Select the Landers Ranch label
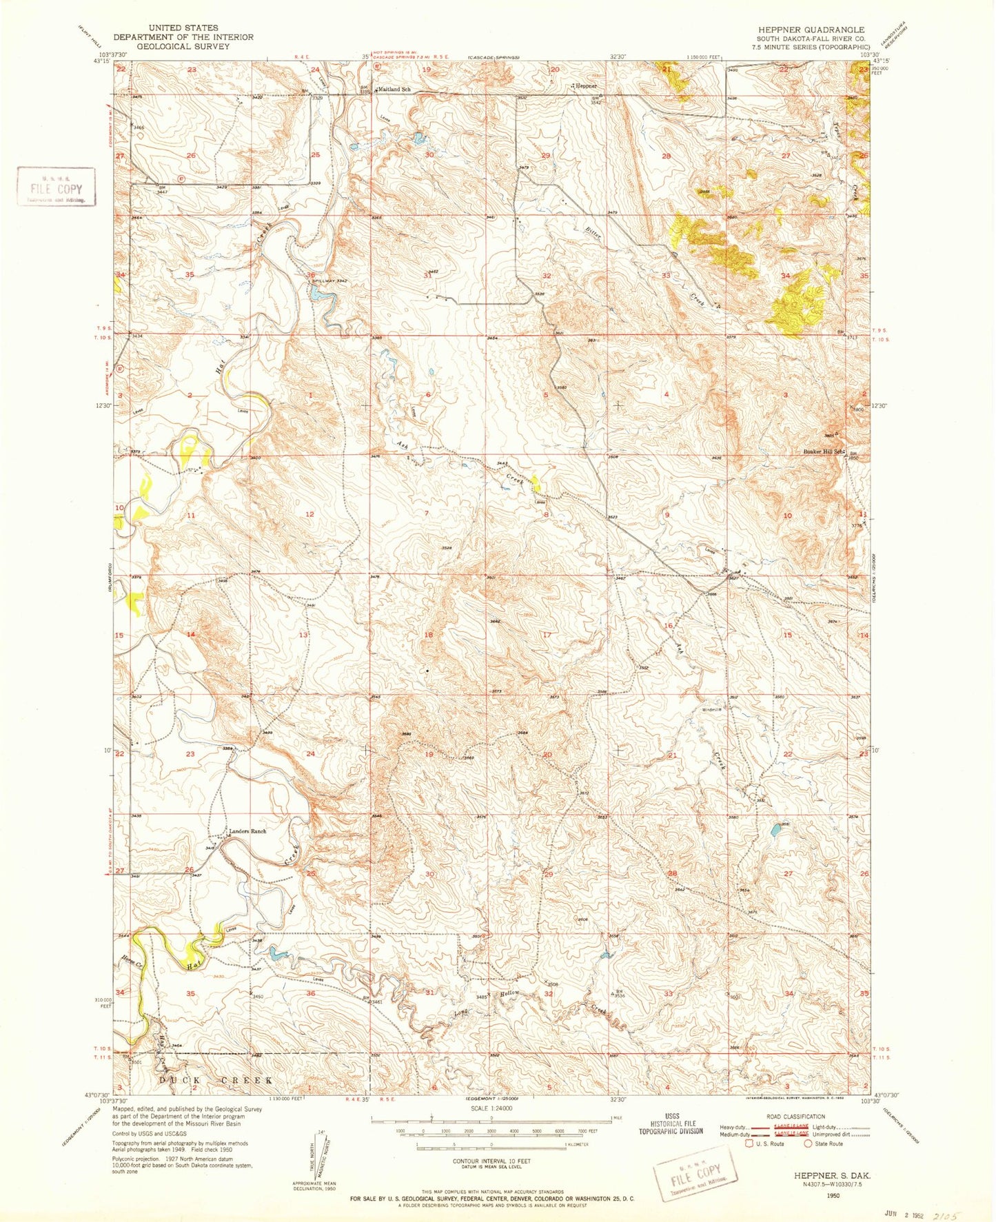pyautogui.click(x=247, y=831)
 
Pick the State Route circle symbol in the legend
pyautogui.click(x=808, y=1143)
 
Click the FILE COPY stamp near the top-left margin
pyautogui.click(x=56, y=187)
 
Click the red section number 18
pyautogui.click(x=429, y=635)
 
